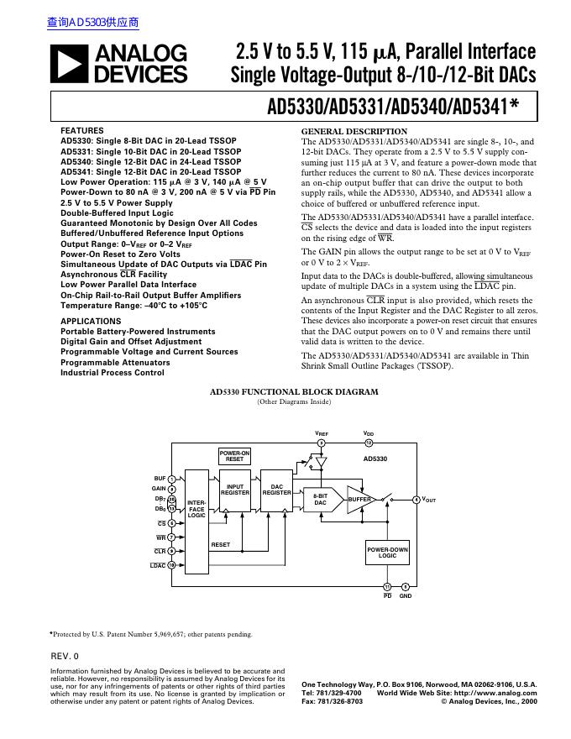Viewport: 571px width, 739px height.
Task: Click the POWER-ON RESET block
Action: click(x=235, y=457)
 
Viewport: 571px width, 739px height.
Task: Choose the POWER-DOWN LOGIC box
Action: click(x=387, y=553)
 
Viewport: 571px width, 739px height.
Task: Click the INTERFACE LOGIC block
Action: click(x=196, y=521)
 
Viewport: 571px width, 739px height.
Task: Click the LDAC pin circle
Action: click(x=171, y=565)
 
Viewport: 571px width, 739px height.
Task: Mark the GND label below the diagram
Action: click(x=405, y=596)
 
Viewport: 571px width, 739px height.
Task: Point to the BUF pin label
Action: click(x=160, y=478)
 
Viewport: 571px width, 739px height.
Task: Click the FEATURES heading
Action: click(x=82, y=131)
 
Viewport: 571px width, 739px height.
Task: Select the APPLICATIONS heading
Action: click(x=91, y=322)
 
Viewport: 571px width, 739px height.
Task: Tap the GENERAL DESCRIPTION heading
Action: click(x=354, y=132)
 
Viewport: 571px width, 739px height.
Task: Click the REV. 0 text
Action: click(x=65, y=656)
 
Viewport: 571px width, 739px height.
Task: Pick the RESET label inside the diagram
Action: click(x=221, y=545)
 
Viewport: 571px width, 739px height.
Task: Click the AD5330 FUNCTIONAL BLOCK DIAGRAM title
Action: click(x=294, y=392)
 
